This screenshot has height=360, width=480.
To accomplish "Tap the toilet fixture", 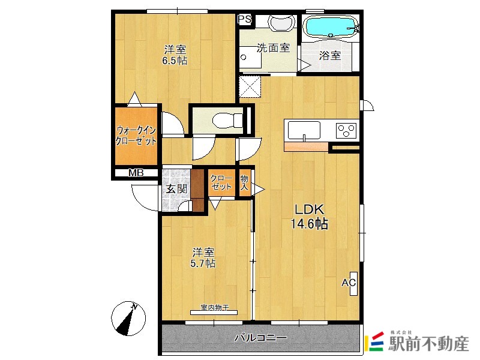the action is pyautogui.click(x=227, y=120).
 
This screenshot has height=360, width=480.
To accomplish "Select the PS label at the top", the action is pyautogui.click(x=245, y=19).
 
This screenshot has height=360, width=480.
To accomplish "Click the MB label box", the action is pyautogui.click(x=136, y=173).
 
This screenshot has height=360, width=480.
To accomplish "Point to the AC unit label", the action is pyautogui.click(x=349, y=283).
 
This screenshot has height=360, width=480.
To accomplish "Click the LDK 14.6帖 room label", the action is pyautogui.click(x=309, y=217).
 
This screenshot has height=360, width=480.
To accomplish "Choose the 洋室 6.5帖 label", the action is pyautogui.click(x=175, y=55).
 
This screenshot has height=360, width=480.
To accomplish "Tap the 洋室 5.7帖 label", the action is pyautogui.click(x=203, y=258).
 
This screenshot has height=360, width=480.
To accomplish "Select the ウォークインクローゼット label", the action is pyautogui.click(x=136, y=136).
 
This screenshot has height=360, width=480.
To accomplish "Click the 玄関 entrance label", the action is pyautogui.click(x=176, y=189).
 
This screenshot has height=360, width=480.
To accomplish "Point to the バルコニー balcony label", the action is pyautogui.click(x=261, y=338).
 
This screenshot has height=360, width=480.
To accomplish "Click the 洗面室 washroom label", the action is pyautogui.click(x=273, y=48).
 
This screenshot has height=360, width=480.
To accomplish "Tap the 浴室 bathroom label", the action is pyautogui.click(x=330, y=55).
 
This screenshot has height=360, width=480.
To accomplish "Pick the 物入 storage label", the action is pyautogui.click(x=244, y=183).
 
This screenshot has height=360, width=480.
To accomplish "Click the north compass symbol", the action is pyautogui.click(x=128, y=319).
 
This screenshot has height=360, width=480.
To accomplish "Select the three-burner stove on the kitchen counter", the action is pyautogui.click(x=347, y=131).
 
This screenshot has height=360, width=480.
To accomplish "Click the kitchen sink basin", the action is pyautogui.click(x=304, y=130).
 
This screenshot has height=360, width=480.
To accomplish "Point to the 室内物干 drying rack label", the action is pyautogui.click(x=215, y=307).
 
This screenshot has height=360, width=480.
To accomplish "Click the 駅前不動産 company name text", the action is pyautogui.click(x=428, y=344).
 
